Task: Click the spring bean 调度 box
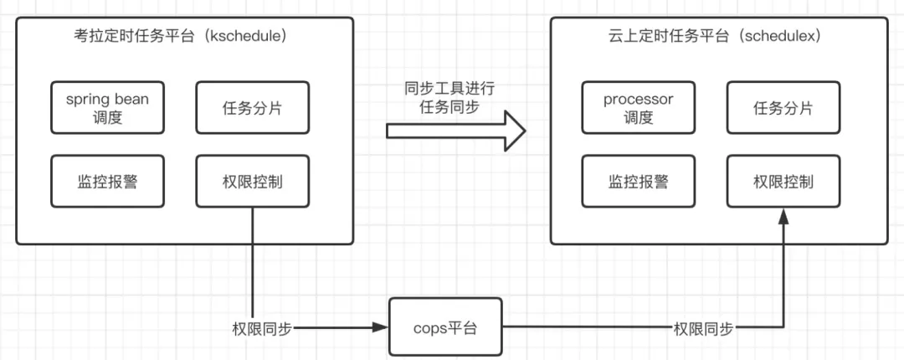coord(107,107)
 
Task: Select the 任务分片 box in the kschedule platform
coord(253,107)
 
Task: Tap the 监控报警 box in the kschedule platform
coord(107,181)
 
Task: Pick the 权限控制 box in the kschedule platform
coord(253,181)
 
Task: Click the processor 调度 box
coord(638,107)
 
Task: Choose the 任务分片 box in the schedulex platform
coord(783,107)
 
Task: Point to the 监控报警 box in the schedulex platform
coord(638,181)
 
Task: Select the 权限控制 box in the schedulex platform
coord(783,181)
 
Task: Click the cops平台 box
coord(445,327)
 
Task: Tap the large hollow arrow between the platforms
coord(455,131)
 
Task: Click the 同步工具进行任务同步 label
coord(449,97)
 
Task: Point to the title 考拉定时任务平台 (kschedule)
coord(181,36)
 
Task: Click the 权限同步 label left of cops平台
coord(262,329)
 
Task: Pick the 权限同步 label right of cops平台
coord(703,329)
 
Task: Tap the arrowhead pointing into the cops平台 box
coord(381,327)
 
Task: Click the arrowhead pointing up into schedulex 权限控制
coord(783,217)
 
